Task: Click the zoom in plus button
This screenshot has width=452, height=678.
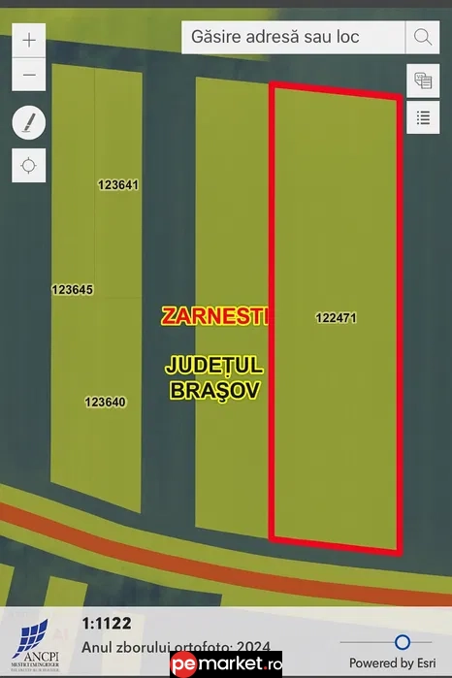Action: tap(30, 40)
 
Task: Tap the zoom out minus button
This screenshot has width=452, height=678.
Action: tap(30, 74)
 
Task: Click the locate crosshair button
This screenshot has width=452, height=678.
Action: tap(29, 164)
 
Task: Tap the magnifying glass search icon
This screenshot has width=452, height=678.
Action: tap(423, 37)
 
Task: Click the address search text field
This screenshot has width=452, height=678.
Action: tap(292, 37)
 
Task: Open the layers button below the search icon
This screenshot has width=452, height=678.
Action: tap(423, 80)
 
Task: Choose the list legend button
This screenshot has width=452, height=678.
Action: tap(423, 117)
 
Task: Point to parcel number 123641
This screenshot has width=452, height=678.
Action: tap(119, 184)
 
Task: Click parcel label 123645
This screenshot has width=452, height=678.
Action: tap(73, 289)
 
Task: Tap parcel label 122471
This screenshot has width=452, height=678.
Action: tap(337, 317)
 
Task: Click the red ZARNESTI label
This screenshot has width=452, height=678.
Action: tap(214, 316)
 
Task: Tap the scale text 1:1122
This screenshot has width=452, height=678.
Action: tap(107, 624)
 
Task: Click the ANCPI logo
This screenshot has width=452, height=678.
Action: tap(34, 642)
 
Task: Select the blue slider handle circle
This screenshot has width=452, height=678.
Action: tap(402, 641)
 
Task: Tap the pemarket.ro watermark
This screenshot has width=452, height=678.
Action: tap(226, 664)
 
